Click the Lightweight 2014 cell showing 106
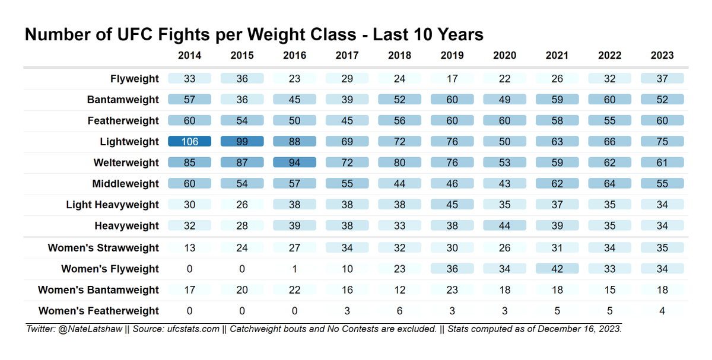(189, 142)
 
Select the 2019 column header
(452, 55)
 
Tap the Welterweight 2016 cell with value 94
(294, 163)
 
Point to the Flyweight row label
(135, 79)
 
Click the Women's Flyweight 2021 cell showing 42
(557, 269)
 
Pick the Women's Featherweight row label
(98, 311)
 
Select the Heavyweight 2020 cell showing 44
(505, 225)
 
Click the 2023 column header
(662, 55)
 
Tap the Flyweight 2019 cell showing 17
(452, 79)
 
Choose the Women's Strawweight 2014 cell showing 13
(189, 248)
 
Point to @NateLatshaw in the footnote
(89, 329)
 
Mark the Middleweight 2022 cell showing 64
(610, 184)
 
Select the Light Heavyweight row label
(112, 205)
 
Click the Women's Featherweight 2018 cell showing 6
(400, 311)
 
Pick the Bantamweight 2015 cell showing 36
(242, 100)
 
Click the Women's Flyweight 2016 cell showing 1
(294, 269)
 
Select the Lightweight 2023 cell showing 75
(662, 142)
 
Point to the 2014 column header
(189, 55)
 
